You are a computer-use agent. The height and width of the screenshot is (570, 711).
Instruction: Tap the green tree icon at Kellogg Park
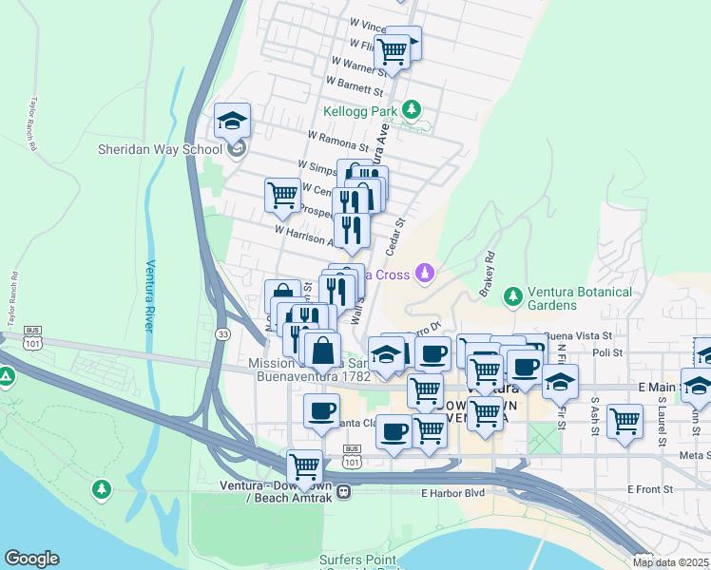pos(412,110)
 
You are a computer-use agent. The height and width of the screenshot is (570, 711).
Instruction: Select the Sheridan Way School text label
pos(160,149)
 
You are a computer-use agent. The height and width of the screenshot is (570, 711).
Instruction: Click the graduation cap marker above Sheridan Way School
pos(232,122)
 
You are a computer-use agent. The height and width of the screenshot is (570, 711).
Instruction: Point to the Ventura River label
pos(149,294)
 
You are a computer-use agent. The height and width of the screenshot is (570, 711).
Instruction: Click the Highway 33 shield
pos(222,333)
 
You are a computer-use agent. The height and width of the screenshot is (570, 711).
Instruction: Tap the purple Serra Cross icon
pos(426,275)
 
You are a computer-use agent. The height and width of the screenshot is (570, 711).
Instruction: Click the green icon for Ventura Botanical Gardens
pos(513,296)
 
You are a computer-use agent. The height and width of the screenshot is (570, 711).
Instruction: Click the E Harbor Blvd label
pos(452,493)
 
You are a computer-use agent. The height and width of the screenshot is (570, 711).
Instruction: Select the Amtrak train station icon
pos(343,491)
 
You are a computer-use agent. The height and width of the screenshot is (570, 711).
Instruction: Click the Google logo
pos(31,559)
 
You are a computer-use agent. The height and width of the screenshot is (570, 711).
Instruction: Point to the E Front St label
pos(649,488)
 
